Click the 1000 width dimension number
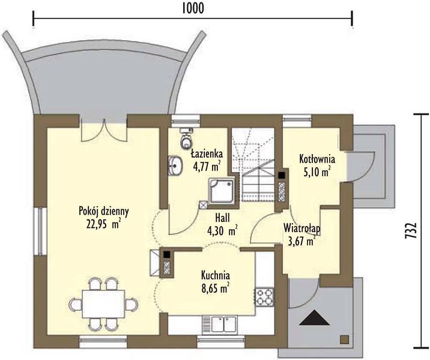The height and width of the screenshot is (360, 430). (193, 8)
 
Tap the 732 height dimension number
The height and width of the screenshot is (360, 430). (411, 230)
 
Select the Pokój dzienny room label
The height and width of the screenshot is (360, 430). (104, 212)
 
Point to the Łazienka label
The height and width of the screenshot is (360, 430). (207, 154)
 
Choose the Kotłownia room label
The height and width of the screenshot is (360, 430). (317, 159)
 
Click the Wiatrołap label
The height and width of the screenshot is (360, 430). (302, 229)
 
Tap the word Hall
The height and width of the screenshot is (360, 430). (222, 218)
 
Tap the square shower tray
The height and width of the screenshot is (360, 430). (222, 191)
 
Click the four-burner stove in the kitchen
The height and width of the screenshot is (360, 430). (265, 297)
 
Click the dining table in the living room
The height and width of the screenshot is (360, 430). (103, 304)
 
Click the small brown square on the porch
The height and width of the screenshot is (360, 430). (345, 340)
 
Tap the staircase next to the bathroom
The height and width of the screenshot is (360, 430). (253, 165)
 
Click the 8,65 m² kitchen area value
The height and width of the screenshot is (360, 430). (215, 288)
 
